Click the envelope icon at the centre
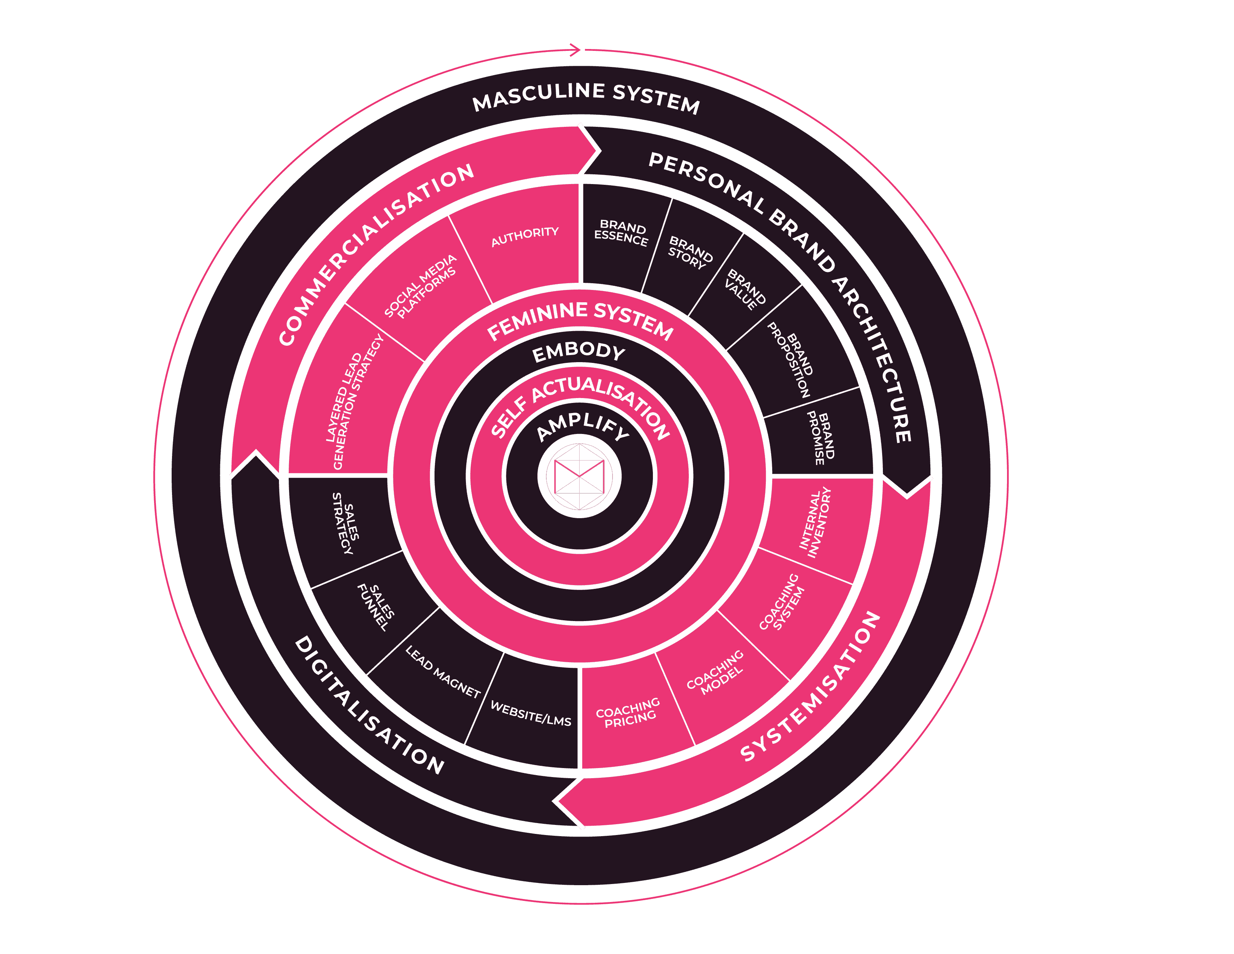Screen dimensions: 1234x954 tap(579, 476)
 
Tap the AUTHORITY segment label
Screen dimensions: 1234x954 tap(525, 237)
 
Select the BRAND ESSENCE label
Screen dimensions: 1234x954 tap(621, 233)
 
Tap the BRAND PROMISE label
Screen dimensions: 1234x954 tap(820, 438)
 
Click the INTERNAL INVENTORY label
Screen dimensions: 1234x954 tap(815, 523)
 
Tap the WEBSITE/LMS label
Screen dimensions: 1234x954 tap(531, 713)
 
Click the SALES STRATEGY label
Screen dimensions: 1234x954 tap(346, 523)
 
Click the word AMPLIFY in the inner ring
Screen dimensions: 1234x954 tap(582, 426)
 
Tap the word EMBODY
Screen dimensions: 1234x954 tap(579, 352)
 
